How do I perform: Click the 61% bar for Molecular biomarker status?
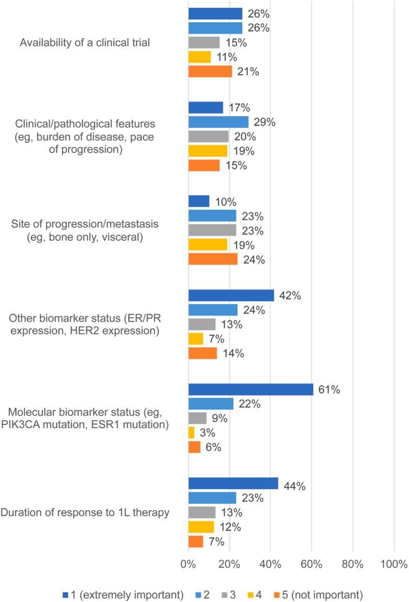coord(251,390)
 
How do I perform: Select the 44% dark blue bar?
coord(233,484)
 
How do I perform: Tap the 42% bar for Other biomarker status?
coord(231,295)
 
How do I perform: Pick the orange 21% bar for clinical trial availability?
coord(210,71)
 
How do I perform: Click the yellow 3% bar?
coord(191,433)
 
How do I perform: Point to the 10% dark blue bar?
coord(198,201)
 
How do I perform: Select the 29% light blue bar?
coord(218,122)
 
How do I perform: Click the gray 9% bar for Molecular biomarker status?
coord(197,418)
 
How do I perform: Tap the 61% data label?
coord(329,390)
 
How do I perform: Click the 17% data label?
coord(239,108)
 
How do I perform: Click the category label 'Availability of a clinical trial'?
coord(85,42)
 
